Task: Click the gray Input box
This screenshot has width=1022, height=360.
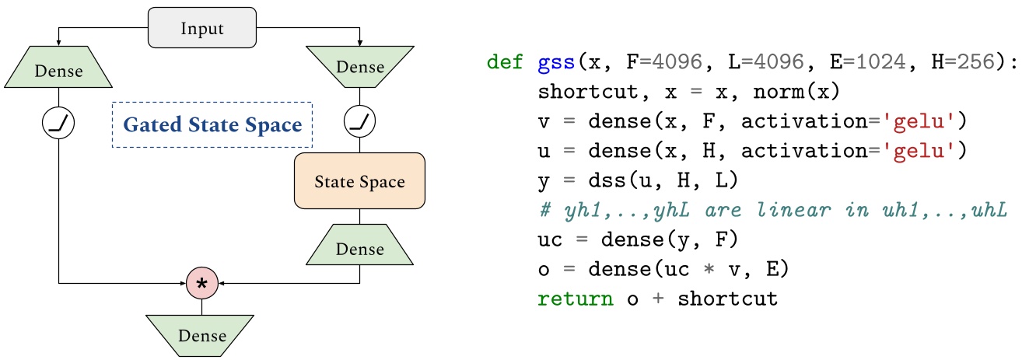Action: (202, 29)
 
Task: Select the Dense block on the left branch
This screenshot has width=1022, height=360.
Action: (59, 72)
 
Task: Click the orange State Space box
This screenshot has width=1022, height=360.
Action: (359, 182)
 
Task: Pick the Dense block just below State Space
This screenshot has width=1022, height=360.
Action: (359, 249)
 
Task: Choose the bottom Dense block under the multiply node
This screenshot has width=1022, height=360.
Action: (202, 335)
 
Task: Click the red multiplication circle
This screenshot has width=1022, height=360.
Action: (202, 284)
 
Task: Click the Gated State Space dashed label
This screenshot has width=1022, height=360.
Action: (212, 124)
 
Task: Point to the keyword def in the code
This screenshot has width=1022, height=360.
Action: (505, 61)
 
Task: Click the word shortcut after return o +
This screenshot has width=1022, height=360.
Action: (727, 298)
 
